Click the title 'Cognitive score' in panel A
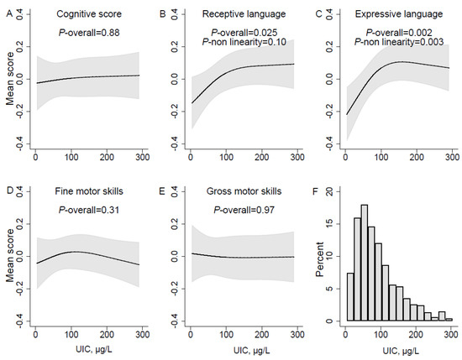tap(87, 16)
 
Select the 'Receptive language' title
tap(233, 16)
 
